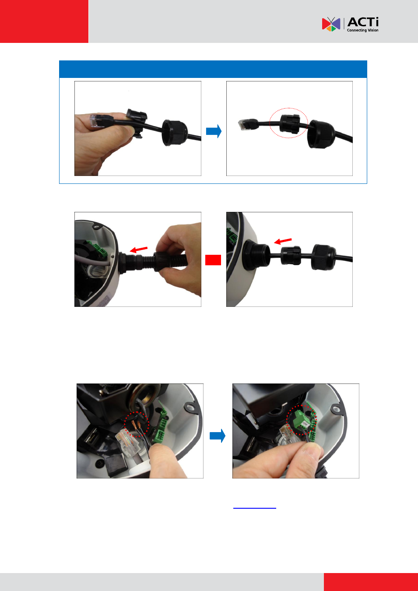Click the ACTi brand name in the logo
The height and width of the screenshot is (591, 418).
coord(363,22)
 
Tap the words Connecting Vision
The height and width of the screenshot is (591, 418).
coord(362,30)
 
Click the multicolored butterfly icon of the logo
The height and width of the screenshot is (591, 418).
coord(331,24)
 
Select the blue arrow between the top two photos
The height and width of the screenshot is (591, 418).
coord(214,131)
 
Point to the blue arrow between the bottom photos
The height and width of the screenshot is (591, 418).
coord(217,436)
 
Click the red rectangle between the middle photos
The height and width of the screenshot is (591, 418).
coord(213,260)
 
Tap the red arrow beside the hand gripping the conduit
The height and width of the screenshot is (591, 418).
coord(139,250)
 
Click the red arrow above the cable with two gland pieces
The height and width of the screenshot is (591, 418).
coord(283,241)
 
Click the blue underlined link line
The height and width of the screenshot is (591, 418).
coord(254,508)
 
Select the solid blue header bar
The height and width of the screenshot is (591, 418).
coord(213,69)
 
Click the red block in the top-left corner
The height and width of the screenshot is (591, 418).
coord(44,21)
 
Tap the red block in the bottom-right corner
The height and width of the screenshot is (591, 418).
coord(371,582)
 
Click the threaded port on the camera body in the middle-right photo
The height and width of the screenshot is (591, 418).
coord(256,255)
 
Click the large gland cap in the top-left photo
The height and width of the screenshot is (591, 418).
coord(175,133)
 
